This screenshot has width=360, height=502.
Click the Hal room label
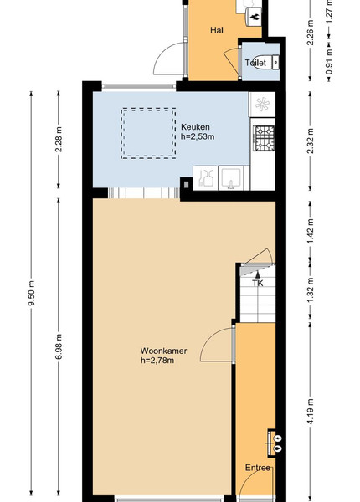point(217,30)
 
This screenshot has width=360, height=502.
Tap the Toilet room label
point(255,63)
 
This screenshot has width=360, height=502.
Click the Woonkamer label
point(163,351)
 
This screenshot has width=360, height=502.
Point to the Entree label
point(258,468)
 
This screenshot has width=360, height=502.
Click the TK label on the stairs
point(258,284)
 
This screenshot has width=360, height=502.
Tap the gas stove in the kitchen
point(265,138)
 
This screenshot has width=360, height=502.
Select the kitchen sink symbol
point(231,178)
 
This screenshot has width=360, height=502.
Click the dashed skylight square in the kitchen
point(148,108)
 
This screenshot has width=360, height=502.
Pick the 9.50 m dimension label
point(31,293)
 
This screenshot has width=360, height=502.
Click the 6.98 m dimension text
point(59,346)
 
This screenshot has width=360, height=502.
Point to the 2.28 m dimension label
point(59,140)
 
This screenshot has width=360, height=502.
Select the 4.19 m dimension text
point(310,412)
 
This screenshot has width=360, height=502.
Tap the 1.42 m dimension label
point(310,231)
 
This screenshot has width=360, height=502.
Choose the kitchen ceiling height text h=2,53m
point(198,136)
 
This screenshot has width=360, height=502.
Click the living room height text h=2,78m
point(157,361)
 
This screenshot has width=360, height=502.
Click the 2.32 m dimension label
point(310,141)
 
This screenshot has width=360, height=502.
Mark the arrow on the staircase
point(258,274)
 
